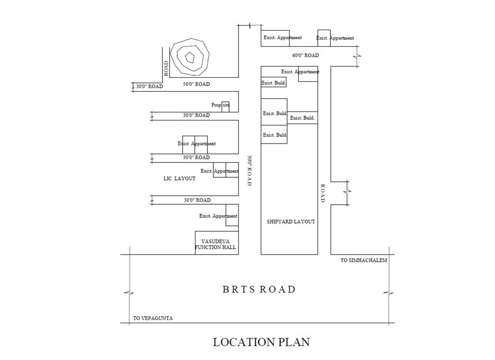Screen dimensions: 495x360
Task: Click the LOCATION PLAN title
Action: pyautogui.click(x=261, y=342)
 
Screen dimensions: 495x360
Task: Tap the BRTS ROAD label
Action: pyautogui.click(x=259, y=289)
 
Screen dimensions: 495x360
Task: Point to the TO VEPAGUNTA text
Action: pyautogui.click(x=153, y=318)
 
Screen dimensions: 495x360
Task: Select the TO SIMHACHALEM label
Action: pyautogui.click(x=364, y=260)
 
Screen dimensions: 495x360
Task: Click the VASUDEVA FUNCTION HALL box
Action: pyautogui.click(x=216, y=243)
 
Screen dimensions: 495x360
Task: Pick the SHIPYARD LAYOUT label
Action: pyautogui.click(x=291, y=222)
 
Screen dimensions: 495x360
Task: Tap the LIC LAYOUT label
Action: pyautogui.click(x=179, y=178)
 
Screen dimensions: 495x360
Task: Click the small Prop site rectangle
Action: pyautogui.click(x=225, y=107)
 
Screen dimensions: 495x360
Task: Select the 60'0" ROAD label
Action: pyautogui.click(x=305, y=55)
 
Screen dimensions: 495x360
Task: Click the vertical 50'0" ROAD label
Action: pyautogui.click(x=249, y=171)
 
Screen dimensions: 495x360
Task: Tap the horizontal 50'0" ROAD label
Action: pyautogui.click(x=196, y=84)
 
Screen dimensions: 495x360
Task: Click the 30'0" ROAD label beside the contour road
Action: pyautogui.click(x=149, y=86)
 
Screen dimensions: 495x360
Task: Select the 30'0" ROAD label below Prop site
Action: pyautogui.click(x=196, y=115)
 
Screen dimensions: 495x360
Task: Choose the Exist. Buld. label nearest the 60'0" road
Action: pyautogui.click(x=274, y=83)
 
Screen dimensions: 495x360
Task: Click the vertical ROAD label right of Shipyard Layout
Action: pyautogui.click(x=323, y=193)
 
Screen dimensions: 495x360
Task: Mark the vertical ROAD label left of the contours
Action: pyautogui.click(x=166, y=68)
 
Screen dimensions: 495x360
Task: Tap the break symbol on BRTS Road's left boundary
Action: pyautogui.click(x=129, y=294)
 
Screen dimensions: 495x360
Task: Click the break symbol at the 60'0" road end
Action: pyautogui.click(x=358, y=56)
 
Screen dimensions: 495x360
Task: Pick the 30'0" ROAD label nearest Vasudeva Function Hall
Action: pyautogui.click(x=197, y=200)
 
